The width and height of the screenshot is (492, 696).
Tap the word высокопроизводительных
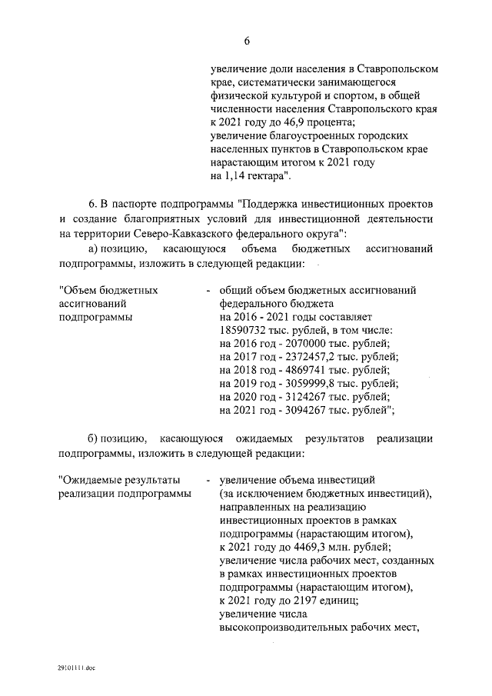pyautogui.click(x=281, y=628)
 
